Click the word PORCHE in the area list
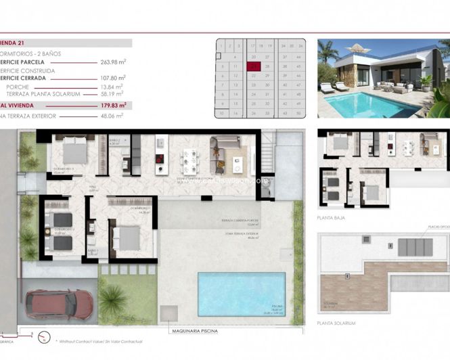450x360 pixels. point(17,87)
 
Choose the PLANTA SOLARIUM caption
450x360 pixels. point(336,323)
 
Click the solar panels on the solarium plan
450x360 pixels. point(414,248)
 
